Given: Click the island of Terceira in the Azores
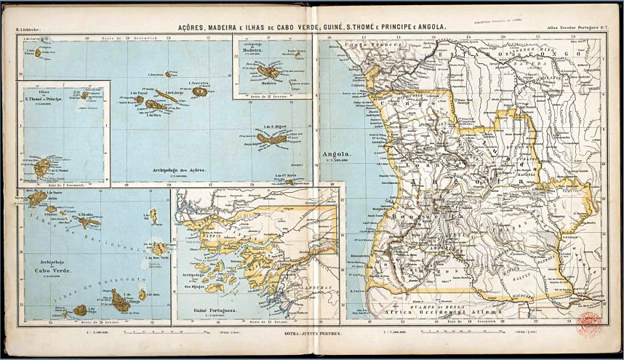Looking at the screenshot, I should coord(199,92).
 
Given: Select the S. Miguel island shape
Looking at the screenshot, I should coord(271,138).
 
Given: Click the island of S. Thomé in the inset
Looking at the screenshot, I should coord(41,168).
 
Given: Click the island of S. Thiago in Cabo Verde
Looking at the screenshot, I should coord(120,300).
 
